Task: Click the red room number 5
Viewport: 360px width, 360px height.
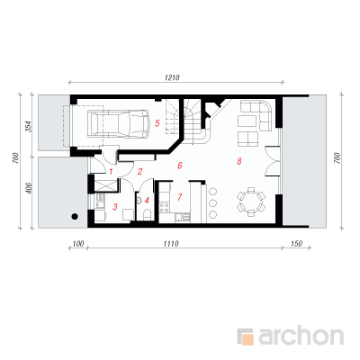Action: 157,123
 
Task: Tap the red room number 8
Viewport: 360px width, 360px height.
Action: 239,161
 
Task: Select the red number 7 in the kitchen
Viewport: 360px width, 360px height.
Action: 180,197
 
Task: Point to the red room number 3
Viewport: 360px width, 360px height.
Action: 115,207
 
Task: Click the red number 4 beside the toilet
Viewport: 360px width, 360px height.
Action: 147,200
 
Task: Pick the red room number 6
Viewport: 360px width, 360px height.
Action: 180,166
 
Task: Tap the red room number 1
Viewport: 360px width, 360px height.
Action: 111,172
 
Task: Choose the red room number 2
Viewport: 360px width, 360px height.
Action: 139,172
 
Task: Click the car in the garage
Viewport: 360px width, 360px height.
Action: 119,124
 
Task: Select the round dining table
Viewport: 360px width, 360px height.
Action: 251,202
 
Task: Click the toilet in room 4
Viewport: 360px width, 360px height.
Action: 148,215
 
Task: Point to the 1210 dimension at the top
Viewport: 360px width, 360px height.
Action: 172,77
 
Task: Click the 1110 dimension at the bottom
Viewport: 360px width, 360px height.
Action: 171,244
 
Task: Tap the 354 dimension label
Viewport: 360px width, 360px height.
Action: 27,127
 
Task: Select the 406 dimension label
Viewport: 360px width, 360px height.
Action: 29,187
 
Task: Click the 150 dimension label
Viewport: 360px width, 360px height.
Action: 296,244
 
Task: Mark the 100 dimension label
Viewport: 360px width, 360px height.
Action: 78,244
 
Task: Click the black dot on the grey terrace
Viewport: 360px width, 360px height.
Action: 75,216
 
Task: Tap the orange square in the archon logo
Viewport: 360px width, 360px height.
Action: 247,338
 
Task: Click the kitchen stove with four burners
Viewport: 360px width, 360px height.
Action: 165,207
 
